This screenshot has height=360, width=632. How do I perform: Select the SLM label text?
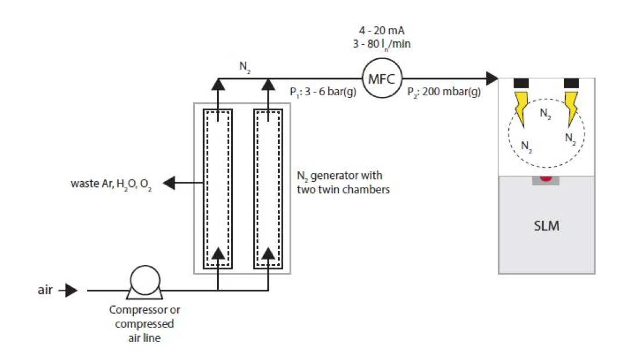point(547,226)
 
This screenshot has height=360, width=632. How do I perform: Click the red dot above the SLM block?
point(546,178)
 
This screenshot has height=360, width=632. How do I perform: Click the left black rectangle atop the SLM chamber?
point(521,84)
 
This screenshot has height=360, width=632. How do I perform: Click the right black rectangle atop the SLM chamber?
point(572,84)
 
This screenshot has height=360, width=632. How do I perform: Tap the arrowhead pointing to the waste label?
point(169,183)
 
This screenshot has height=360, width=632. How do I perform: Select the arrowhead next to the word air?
point(71,290)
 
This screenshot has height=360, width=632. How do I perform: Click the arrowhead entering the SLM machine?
point(492,78)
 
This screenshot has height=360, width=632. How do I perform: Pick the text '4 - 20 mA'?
point(382,31)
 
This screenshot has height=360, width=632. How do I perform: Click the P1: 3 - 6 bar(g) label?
point(323,92)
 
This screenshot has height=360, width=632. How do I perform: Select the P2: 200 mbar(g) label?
point(444,92)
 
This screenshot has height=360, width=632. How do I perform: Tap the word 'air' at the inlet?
point(45,290)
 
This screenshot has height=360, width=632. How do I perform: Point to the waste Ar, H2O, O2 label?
point(111,184)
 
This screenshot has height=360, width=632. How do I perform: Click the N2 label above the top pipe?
point(245,67)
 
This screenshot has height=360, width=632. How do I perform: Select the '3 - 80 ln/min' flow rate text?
point(382,44)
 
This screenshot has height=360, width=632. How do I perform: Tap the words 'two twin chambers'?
point(344,189)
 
